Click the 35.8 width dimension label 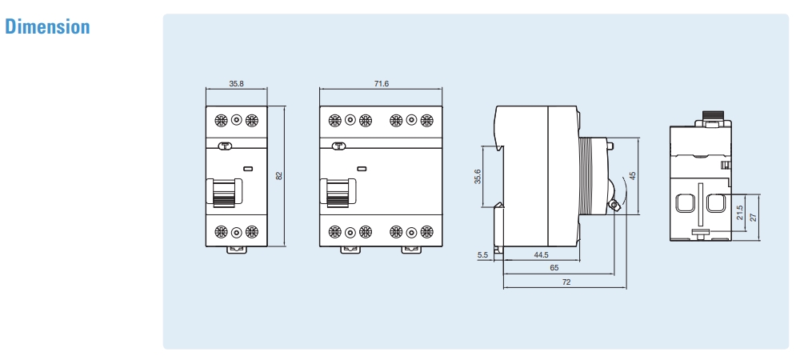tap(237, 84)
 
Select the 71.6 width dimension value tap(381, 84)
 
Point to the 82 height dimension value tap(279, 175)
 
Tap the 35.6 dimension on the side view tap(478, 176)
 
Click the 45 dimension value tap(632, 175)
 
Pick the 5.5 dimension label tap(482, 255)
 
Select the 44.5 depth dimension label tap(541, 255)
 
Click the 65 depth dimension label tap(554, 269)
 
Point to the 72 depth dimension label tap(566, 282)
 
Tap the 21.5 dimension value tap(739, 214)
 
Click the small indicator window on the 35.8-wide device tap(248, 169)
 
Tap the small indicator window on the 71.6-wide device tap(362, 169)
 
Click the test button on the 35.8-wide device tap(226, 146)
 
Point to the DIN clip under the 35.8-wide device tap(237, 249)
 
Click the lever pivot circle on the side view tap(614, 206)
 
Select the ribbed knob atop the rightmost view tap(712, 117)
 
